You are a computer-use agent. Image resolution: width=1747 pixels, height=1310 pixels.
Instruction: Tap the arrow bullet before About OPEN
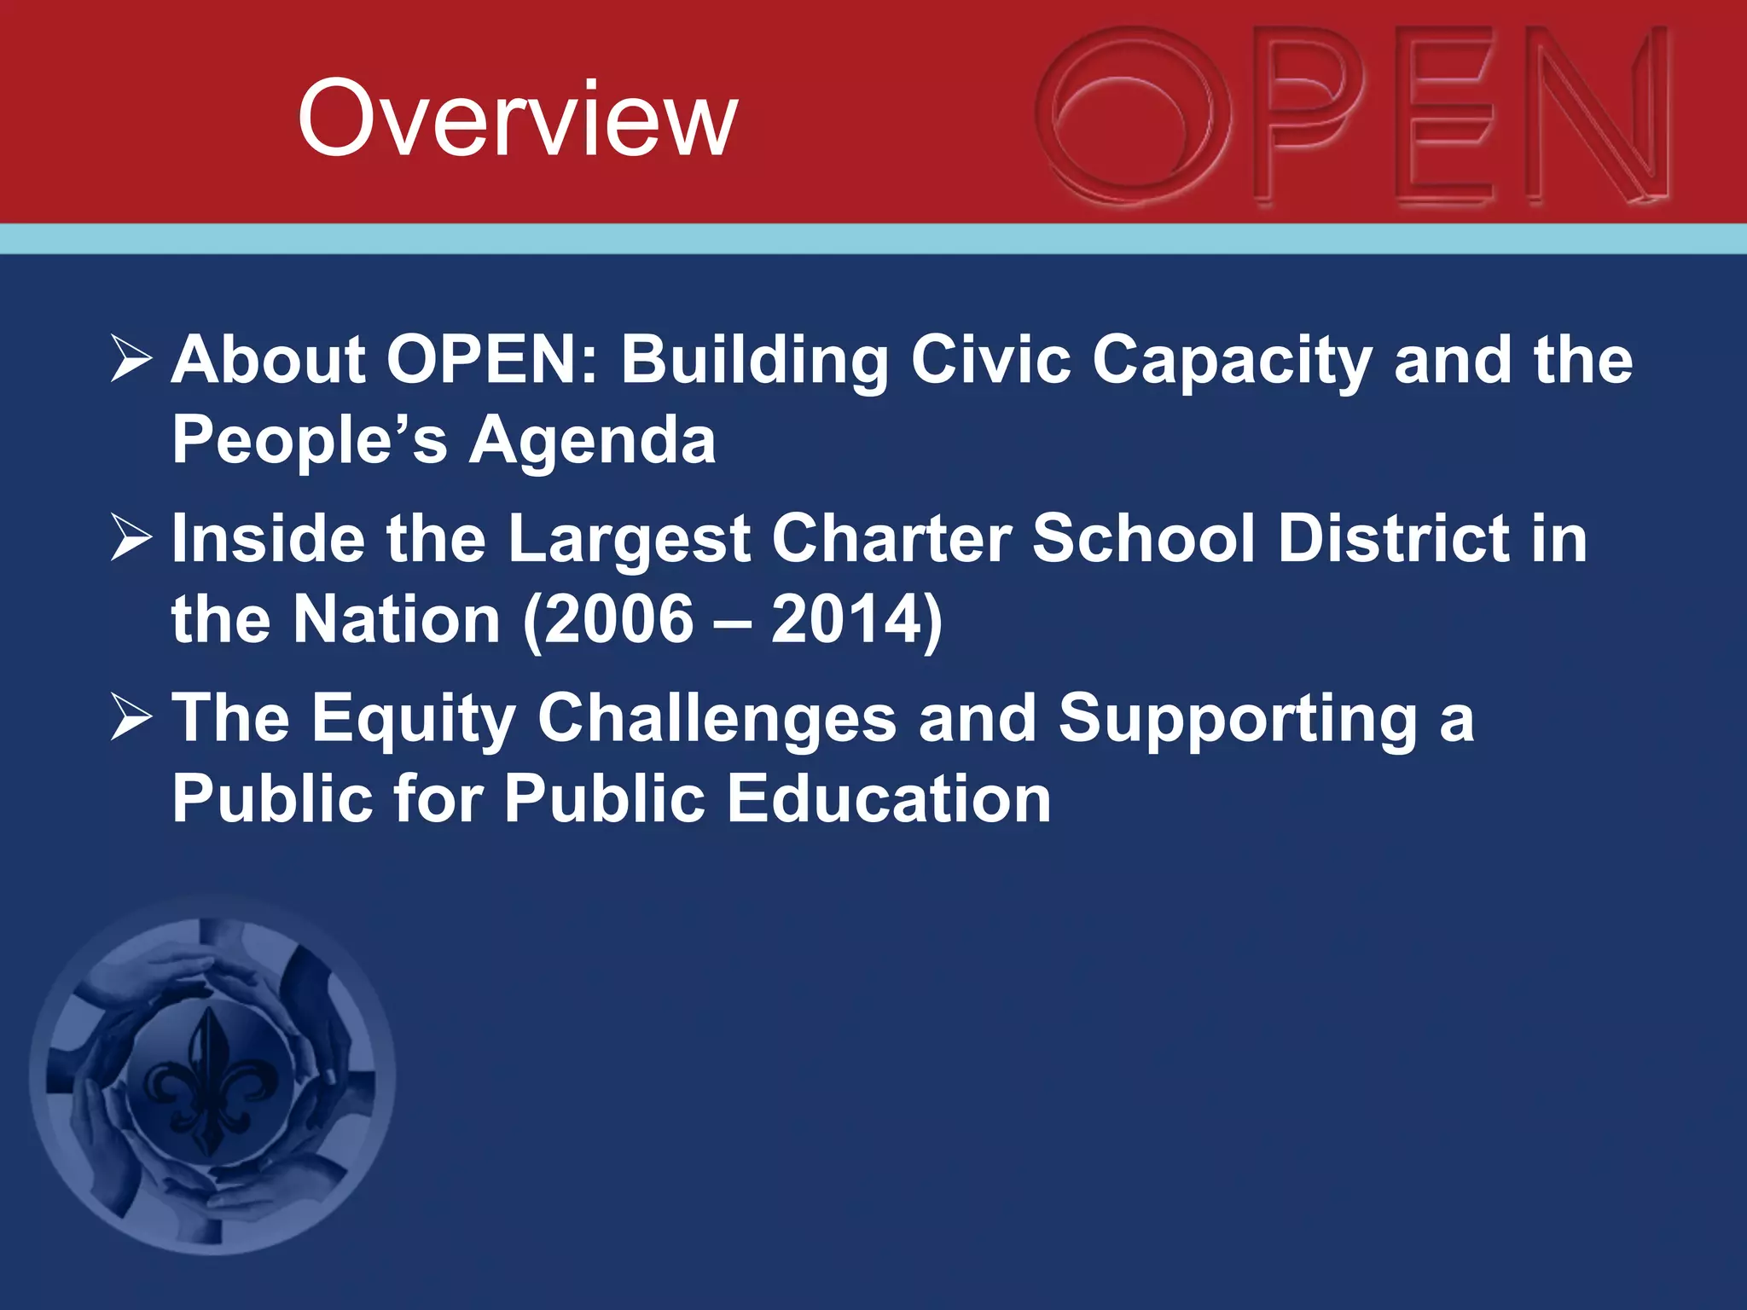click(x=131, y=359)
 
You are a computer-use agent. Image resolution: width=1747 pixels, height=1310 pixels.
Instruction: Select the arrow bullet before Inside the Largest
click(x=131, y=539)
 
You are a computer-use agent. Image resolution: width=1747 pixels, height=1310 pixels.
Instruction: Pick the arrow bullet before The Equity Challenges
click(x=131, y=718)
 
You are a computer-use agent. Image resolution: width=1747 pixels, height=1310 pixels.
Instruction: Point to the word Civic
click(x=990, y=359)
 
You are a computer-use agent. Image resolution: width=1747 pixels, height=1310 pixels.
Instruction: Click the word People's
click(x=309, y=440)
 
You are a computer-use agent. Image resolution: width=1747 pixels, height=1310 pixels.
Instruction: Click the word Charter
click(x=891, y=539)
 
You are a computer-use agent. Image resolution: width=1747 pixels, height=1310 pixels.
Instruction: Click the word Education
click(x=888, y=799)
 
